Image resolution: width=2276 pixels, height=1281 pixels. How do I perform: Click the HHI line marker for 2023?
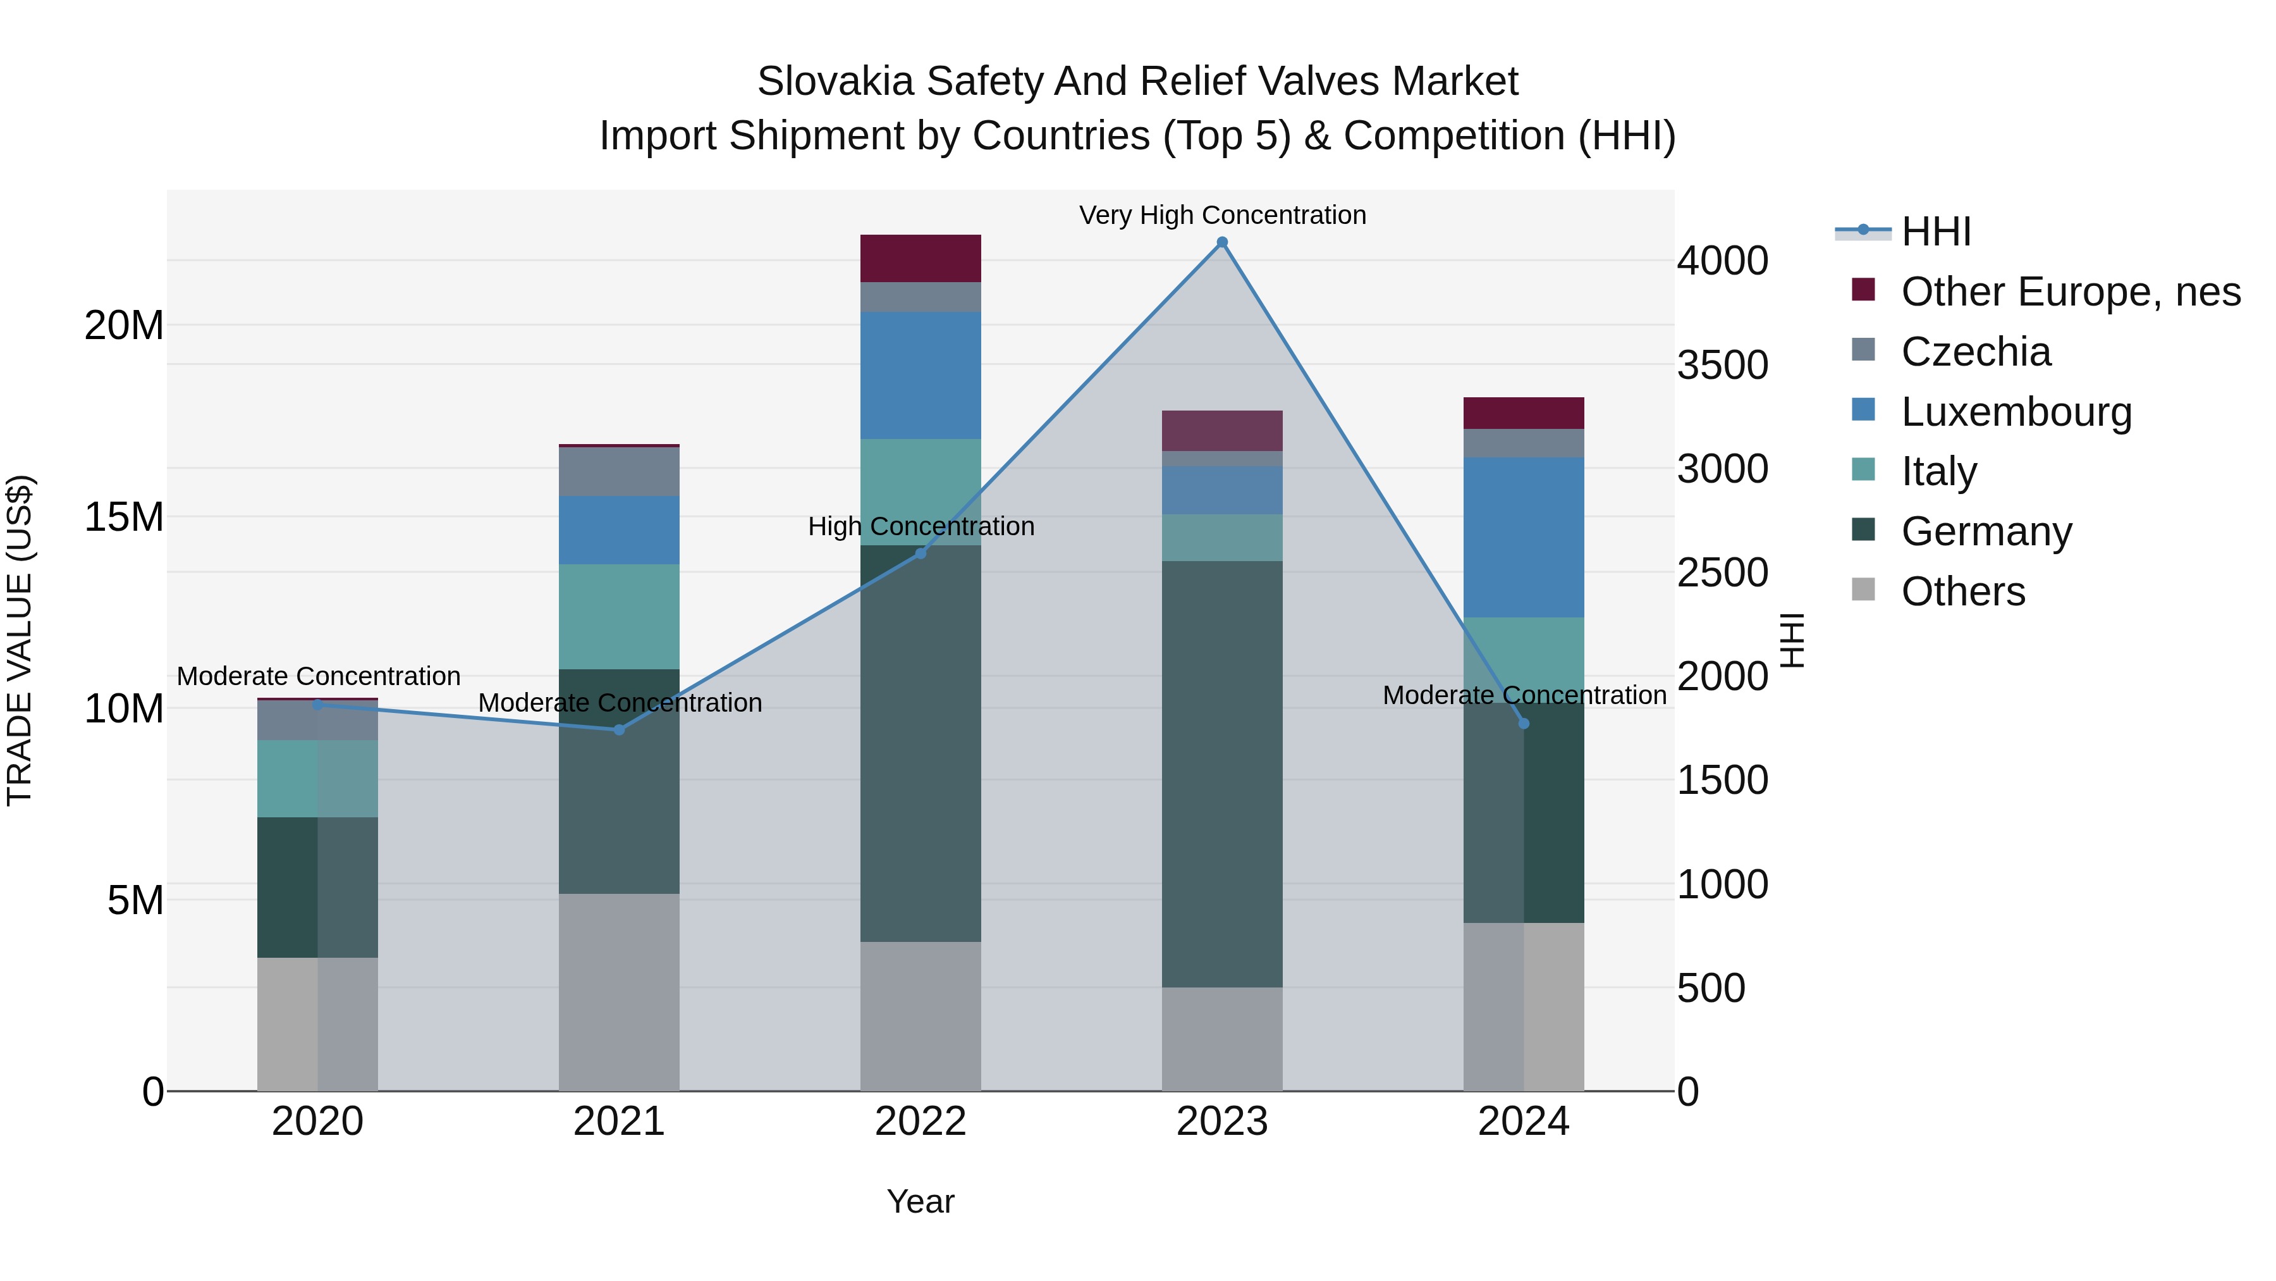(1222, 242)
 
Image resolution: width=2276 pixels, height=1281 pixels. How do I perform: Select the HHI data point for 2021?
(620, 729)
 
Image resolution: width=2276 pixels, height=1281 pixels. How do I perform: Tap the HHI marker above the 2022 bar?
(921, 554)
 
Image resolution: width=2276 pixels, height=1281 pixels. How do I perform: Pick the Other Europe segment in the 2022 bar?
(921, 258)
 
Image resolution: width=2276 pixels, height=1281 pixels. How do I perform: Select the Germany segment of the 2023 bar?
(1222, 774)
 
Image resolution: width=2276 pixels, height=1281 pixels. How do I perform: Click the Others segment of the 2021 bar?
(620, 992)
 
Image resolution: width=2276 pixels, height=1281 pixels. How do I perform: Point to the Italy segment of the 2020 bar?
(318, 778)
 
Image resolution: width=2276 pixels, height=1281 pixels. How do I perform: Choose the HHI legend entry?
(1935, 232)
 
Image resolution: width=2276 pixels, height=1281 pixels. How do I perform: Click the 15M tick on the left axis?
(124, 517)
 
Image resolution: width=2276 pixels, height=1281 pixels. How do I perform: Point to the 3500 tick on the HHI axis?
(1723, 365)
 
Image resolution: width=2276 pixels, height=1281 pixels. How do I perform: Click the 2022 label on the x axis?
(921, 1122)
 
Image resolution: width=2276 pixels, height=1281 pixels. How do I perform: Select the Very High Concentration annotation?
(1222, 215)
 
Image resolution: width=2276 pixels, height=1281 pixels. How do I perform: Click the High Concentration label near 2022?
(921, 526)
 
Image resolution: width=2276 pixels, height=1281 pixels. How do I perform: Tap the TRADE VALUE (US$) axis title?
(20, 640)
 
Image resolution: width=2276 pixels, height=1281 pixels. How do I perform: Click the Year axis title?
(921, 1201)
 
